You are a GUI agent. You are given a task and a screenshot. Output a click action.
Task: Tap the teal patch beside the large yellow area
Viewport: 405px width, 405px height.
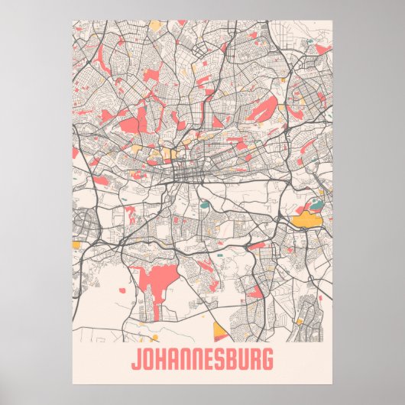(314, 206)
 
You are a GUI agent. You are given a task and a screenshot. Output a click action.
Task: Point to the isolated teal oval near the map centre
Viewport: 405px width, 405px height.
(204, 204)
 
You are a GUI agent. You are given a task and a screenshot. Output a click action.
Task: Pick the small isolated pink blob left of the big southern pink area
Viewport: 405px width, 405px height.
(122, 290)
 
